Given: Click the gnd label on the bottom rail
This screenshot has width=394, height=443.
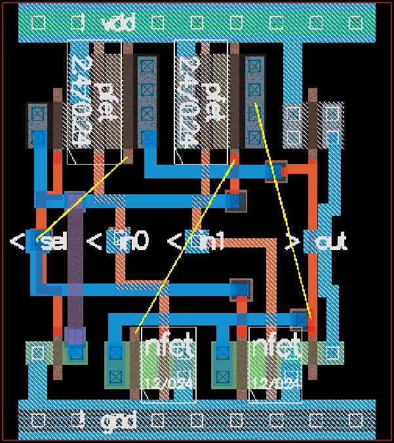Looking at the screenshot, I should pos(118,419).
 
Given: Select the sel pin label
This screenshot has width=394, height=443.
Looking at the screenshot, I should pos(54,242).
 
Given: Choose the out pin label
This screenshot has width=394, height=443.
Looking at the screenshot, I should pos(330,242).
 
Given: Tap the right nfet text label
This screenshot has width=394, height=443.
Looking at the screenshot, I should pos(276,347).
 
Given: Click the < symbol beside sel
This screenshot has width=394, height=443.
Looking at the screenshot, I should pos(18,242).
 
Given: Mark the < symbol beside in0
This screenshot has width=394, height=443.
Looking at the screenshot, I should pos(95,242).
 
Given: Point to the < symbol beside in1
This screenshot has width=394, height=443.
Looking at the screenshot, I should pos(174,242).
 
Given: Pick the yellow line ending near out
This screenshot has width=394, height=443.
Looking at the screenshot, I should pos(282,210).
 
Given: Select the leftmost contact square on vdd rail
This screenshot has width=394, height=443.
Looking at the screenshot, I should pos(39,23).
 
